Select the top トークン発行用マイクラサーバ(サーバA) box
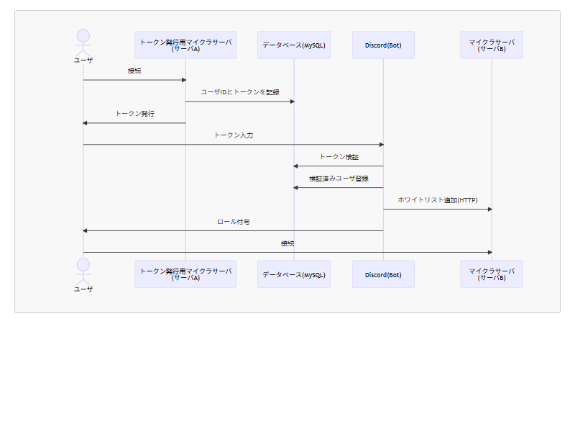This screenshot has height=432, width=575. point(185,45)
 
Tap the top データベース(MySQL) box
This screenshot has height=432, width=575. point(294,45)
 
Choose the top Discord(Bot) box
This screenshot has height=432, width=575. point(383,45)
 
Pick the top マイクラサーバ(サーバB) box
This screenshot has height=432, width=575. point(492,45)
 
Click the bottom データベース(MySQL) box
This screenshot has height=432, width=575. point(294,274)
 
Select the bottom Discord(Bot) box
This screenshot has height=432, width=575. point(383,274)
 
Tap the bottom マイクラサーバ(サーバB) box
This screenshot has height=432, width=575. point(492,274)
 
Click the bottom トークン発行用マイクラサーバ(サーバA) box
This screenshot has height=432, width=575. point(185,274)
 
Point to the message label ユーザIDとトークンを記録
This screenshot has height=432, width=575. point(240,92)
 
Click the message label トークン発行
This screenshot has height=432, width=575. point(134,114)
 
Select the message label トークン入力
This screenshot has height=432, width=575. point(234,135)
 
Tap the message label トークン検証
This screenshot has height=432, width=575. point(339,157)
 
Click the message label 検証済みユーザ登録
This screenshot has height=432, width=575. point(339,179)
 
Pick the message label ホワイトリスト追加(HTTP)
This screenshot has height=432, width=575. point(438,200)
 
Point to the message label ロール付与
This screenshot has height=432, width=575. point(234,222)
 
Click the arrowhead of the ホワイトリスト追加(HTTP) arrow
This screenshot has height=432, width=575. point(489,210)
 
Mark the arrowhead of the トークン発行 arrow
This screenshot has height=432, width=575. point(86,123)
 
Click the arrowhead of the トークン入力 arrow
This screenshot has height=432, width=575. point(381,145)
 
